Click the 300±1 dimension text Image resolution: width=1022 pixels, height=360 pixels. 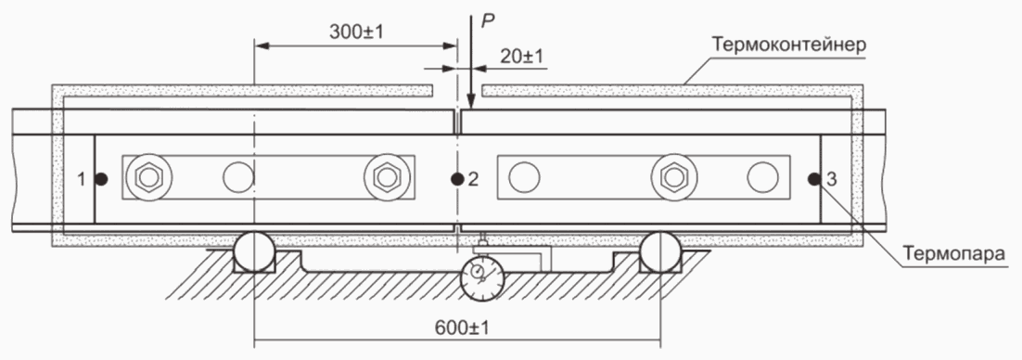[x=355, y=32]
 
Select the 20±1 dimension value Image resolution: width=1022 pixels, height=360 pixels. [x=521, y=57]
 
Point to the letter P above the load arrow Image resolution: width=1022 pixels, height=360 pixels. [x=487, y=21]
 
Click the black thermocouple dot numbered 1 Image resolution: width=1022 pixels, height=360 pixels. [x=101, y=178]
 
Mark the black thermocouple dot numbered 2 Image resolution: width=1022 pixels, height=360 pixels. [x=457, y=178]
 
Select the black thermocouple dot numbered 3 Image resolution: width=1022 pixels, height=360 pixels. [x=813, y=178]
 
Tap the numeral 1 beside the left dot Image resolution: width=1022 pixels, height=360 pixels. [x=82, y=179]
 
